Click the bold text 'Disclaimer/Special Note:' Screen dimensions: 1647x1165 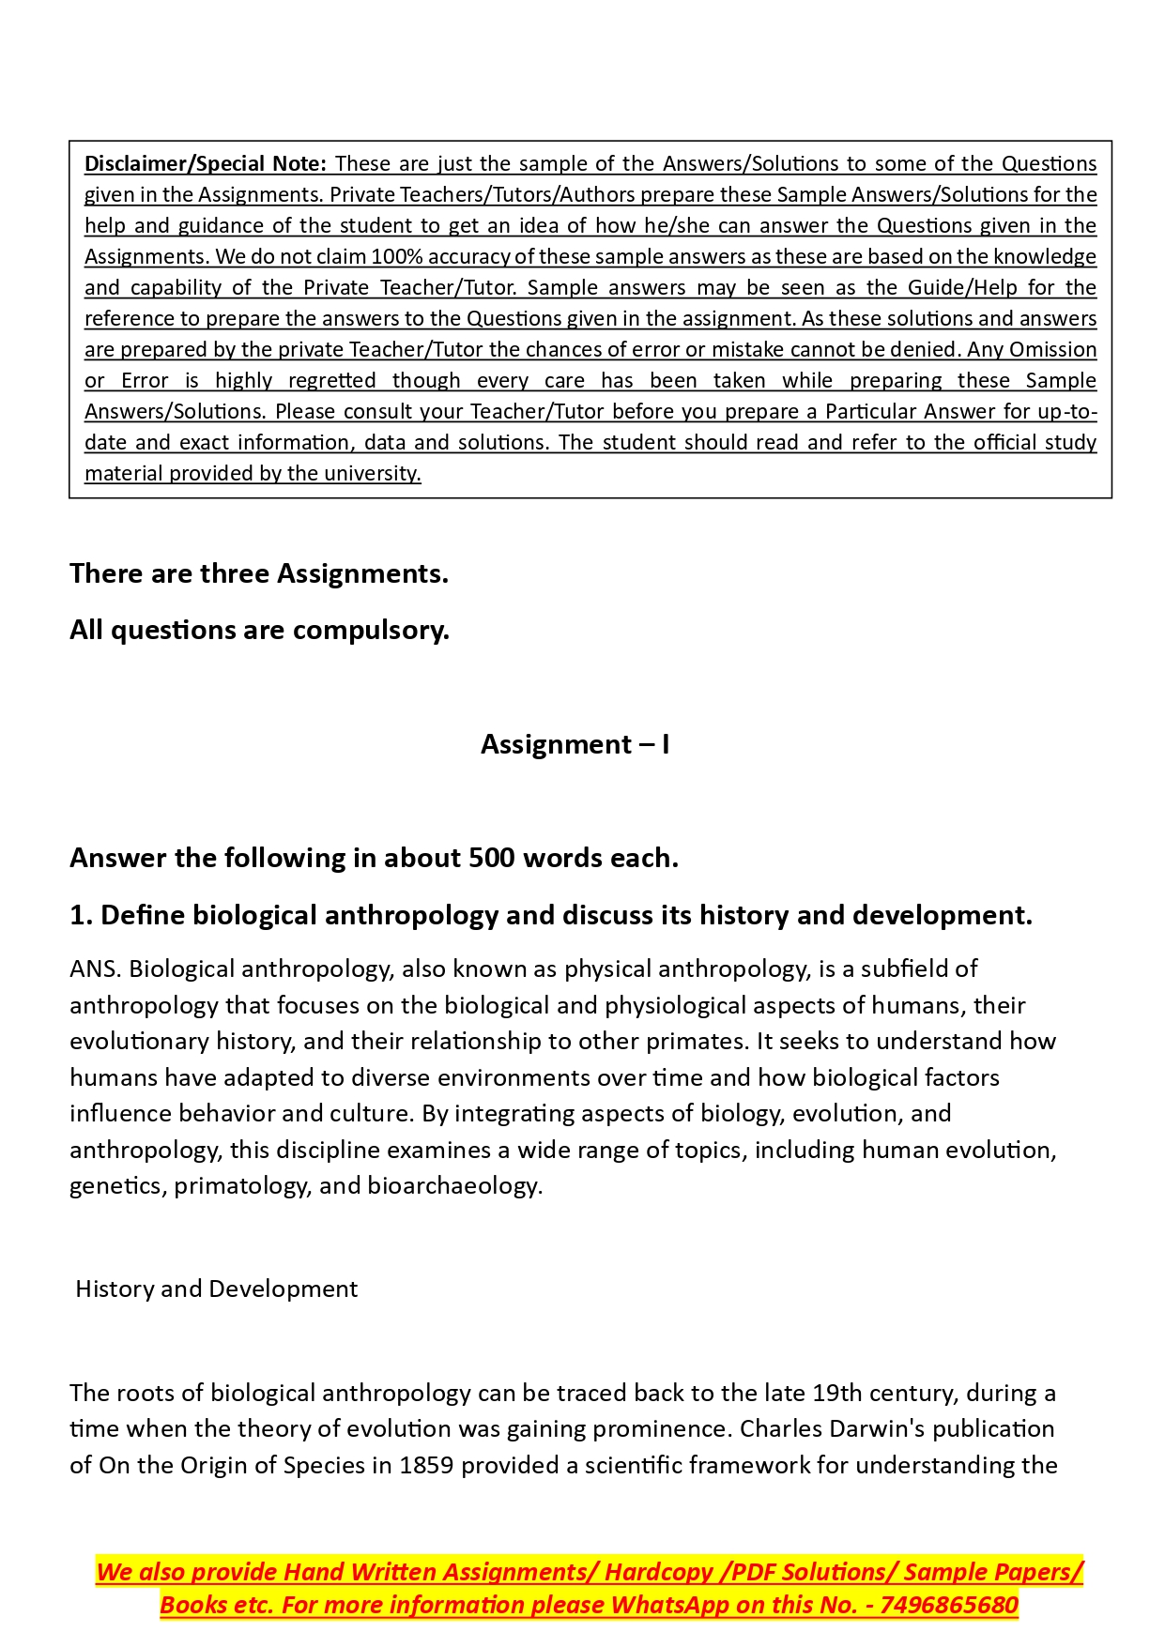205,163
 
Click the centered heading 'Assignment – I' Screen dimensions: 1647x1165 575,744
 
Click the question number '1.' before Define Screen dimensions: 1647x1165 81,915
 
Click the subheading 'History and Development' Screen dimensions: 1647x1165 216,1289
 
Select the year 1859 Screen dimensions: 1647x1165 426,1465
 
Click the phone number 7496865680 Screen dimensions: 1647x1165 949,1605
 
